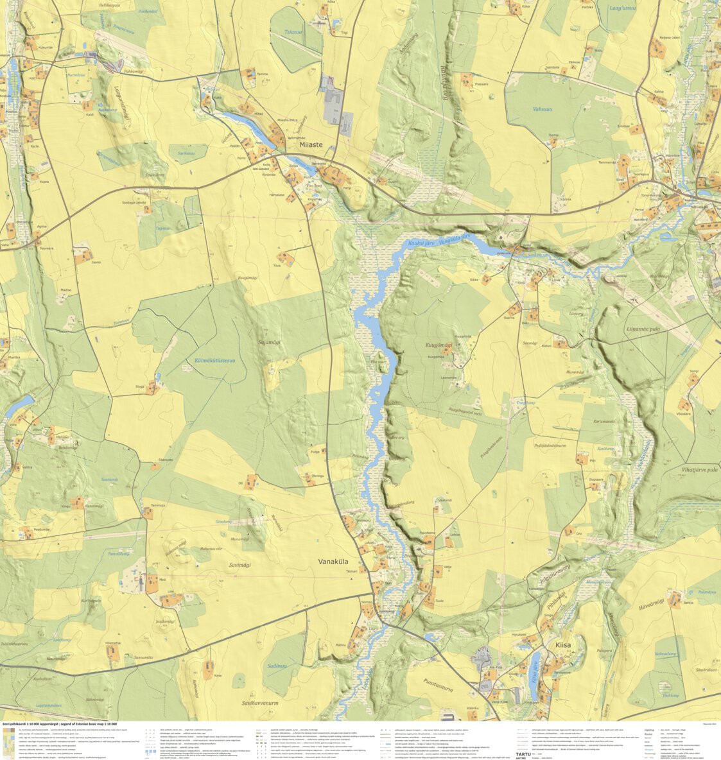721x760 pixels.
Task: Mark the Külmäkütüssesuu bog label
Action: (215, 361)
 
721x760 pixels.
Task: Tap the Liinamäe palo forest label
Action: (643, 328)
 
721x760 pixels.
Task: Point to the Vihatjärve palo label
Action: (699, 470)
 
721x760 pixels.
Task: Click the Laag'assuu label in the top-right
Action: (622, 8)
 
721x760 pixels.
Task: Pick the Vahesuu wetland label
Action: (542, 109)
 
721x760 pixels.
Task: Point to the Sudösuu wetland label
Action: (280, 666)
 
